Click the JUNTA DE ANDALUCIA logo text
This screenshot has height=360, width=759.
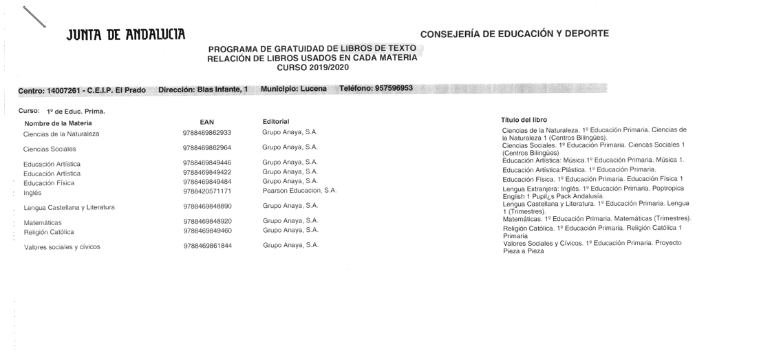pyautogui.click(x=126, y=34)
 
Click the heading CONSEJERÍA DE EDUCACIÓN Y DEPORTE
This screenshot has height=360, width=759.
pyautogui.click(x=514, y=33)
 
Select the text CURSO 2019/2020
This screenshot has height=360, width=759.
pyautogui.click(x=312, y=67)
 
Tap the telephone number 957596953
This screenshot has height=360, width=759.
pyautogui.click(x=389, y=89)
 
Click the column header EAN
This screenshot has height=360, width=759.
pyautogui.click(x=206, y=122)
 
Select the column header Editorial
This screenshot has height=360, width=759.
pyautogui.click(x=276, y=121)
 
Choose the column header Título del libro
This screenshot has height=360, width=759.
pyautogui.click(x=524, y=120)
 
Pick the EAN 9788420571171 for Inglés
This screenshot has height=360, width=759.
pyautogui.click(x=207, y=191)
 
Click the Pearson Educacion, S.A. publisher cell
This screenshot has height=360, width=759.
pyautogui.click(x=299, y=190)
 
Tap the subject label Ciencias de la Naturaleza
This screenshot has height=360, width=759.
pyautogui.click(x=61, y=134)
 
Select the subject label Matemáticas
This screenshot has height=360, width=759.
pyautogui.click(x=43, y=222)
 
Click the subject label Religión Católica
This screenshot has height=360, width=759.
pyautogui.click(x=49, y=232)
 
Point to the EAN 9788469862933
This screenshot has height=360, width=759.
pyautogui.click(x=207, y=132)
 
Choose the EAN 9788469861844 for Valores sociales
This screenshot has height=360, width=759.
pyautogui.click(x=208, y=246)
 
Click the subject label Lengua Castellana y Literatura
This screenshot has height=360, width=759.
pyautogui.click(x=69, y=207)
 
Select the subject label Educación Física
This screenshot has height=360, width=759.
pyautogui.click(x=49, y=183)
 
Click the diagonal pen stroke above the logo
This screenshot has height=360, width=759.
pyautogui.click(x=34, y=17)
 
